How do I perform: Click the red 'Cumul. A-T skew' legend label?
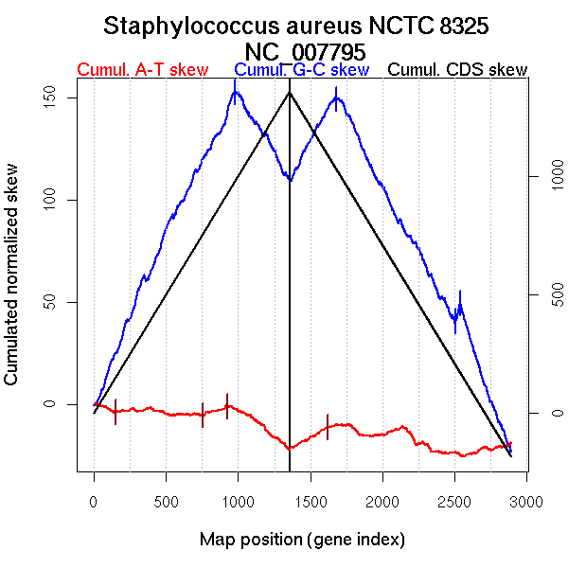(142, 70)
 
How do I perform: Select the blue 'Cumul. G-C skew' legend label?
(301, 70)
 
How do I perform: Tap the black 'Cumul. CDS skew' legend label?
(458, 70)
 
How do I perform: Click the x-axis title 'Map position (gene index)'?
(302, 540)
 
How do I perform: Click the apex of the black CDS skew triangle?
(289, 92)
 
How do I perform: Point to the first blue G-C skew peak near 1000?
(235, 92)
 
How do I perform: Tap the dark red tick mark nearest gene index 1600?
(328, 426)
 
